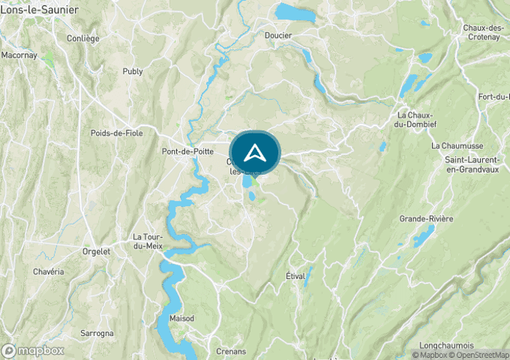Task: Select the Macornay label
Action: coord(18,55)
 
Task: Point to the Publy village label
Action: coord(133,71)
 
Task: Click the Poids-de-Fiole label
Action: coord(117,133)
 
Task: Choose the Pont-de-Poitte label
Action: coord(186,152)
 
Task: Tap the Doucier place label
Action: coord(278,35)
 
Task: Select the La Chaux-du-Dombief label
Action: coord(415,120)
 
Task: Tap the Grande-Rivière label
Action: coord(426,219)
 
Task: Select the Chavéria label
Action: coord(49,272)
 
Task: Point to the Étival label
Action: coord(296,276)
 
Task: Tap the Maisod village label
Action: coord(182,318)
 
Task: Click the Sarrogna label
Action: coord(97,333)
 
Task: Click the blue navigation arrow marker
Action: coord(254,152)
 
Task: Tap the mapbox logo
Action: coord(33,351)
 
